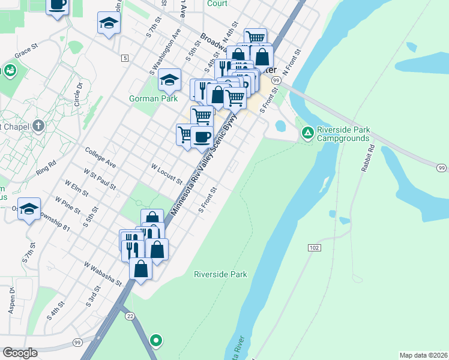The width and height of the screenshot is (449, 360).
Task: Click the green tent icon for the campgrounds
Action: (x=307, y=132)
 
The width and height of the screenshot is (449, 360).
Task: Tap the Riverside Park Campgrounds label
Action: (x=343, y=133)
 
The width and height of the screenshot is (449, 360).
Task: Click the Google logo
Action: (x=20, y=353)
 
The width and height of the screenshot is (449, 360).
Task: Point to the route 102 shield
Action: (x=315, y=247)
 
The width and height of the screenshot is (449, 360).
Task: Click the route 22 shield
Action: (x=129, y=316)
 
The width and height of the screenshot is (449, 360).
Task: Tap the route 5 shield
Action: (x=124, y=58)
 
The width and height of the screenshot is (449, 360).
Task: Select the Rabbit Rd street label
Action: (x=367, y=158)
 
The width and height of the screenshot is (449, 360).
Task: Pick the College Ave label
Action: (x=100, y=157)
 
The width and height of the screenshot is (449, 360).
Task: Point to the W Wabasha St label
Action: (x=103, y=273)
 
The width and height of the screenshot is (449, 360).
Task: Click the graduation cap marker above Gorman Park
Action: (x=170, y=79)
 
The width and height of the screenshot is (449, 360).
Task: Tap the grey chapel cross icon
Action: (x=39, y=125)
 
